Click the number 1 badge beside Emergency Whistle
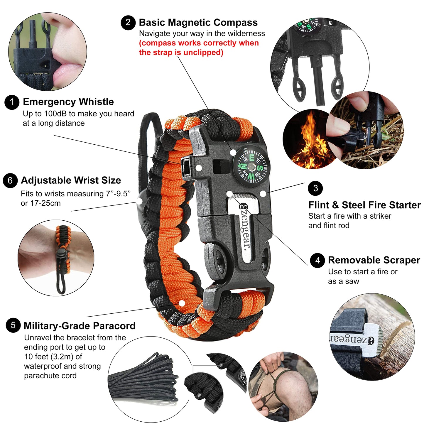[x=12, y=102]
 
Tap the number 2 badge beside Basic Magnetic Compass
[x=128, y=23]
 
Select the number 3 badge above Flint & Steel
[x=315, y=188]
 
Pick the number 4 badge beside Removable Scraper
[x=317, y=260]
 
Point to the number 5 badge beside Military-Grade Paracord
[x=13, y=325]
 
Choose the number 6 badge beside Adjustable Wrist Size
[x=10, y=180]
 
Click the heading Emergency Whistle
[x=68, y=102]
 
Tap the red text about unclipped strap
[x=199, y=48]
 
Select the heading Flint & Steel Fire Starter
[x=364, y=205]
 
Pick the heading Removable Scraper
[x=374, y=260]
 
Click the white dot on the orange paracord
[x=182, y=303]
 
